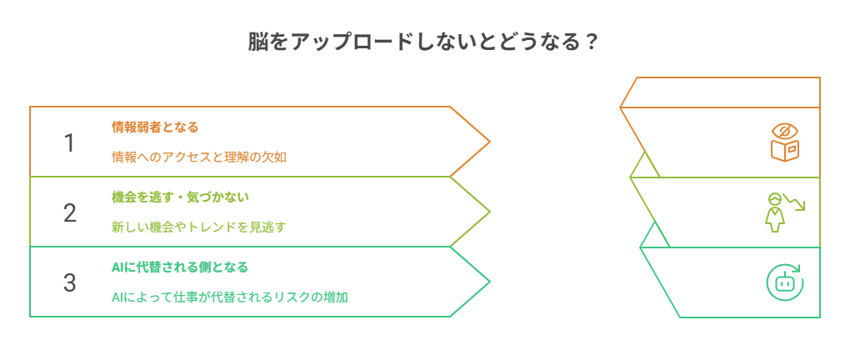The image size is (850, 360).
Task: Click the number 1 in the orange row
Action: (x=70, y=143)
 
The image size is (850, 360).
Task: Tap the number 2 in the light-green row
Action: (x=70, y=213)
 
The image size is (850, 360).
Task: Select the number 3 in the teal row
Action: (x=70, y=283)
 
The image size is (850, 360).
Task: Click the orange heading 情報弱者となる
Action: (x=155, y=127)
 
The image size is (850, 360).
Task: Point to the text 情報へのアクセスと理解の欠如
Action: (x=199, y=157)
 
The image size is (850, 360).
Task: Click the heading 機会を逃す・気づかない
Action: (x=180, y=197)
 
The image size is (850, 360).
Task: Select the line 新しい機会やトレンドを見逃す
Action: (x=199, y=227)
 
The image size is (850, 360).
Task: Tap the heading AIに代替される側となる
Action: (x=179, y=267)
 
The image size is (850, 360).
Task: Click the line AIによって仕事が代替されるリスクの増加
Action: (x=229, y=297)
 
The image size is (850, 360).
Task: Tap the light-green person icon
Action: (x=775, y=212)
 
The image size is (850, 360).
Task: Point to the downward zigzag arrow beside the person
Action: (x=796, y=204)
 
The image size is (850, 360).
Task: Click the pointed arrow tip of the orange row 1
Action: (x=488, y=142)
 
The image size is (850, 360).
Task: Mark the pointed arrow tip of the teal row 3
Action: (x=488, y=282)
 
